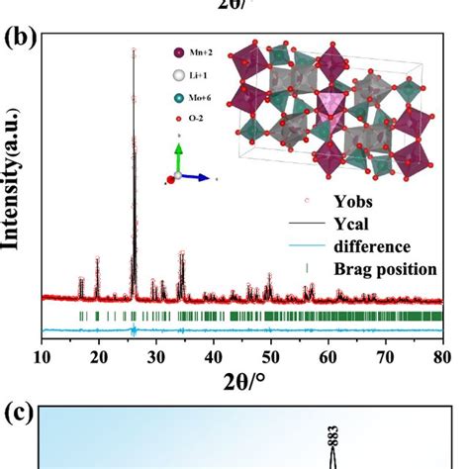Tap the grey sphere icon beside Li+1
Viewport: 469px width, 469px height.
178,75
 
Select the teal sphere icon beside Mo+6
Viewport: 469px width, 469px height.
178,99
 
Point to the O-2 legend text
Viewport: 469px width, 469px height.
198,122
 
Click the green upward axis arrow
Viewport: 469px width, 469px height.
177,154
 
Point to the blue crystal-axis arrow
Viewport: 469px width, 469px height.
196,177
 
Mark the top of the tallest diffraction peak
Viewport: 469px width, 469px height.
134,49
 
